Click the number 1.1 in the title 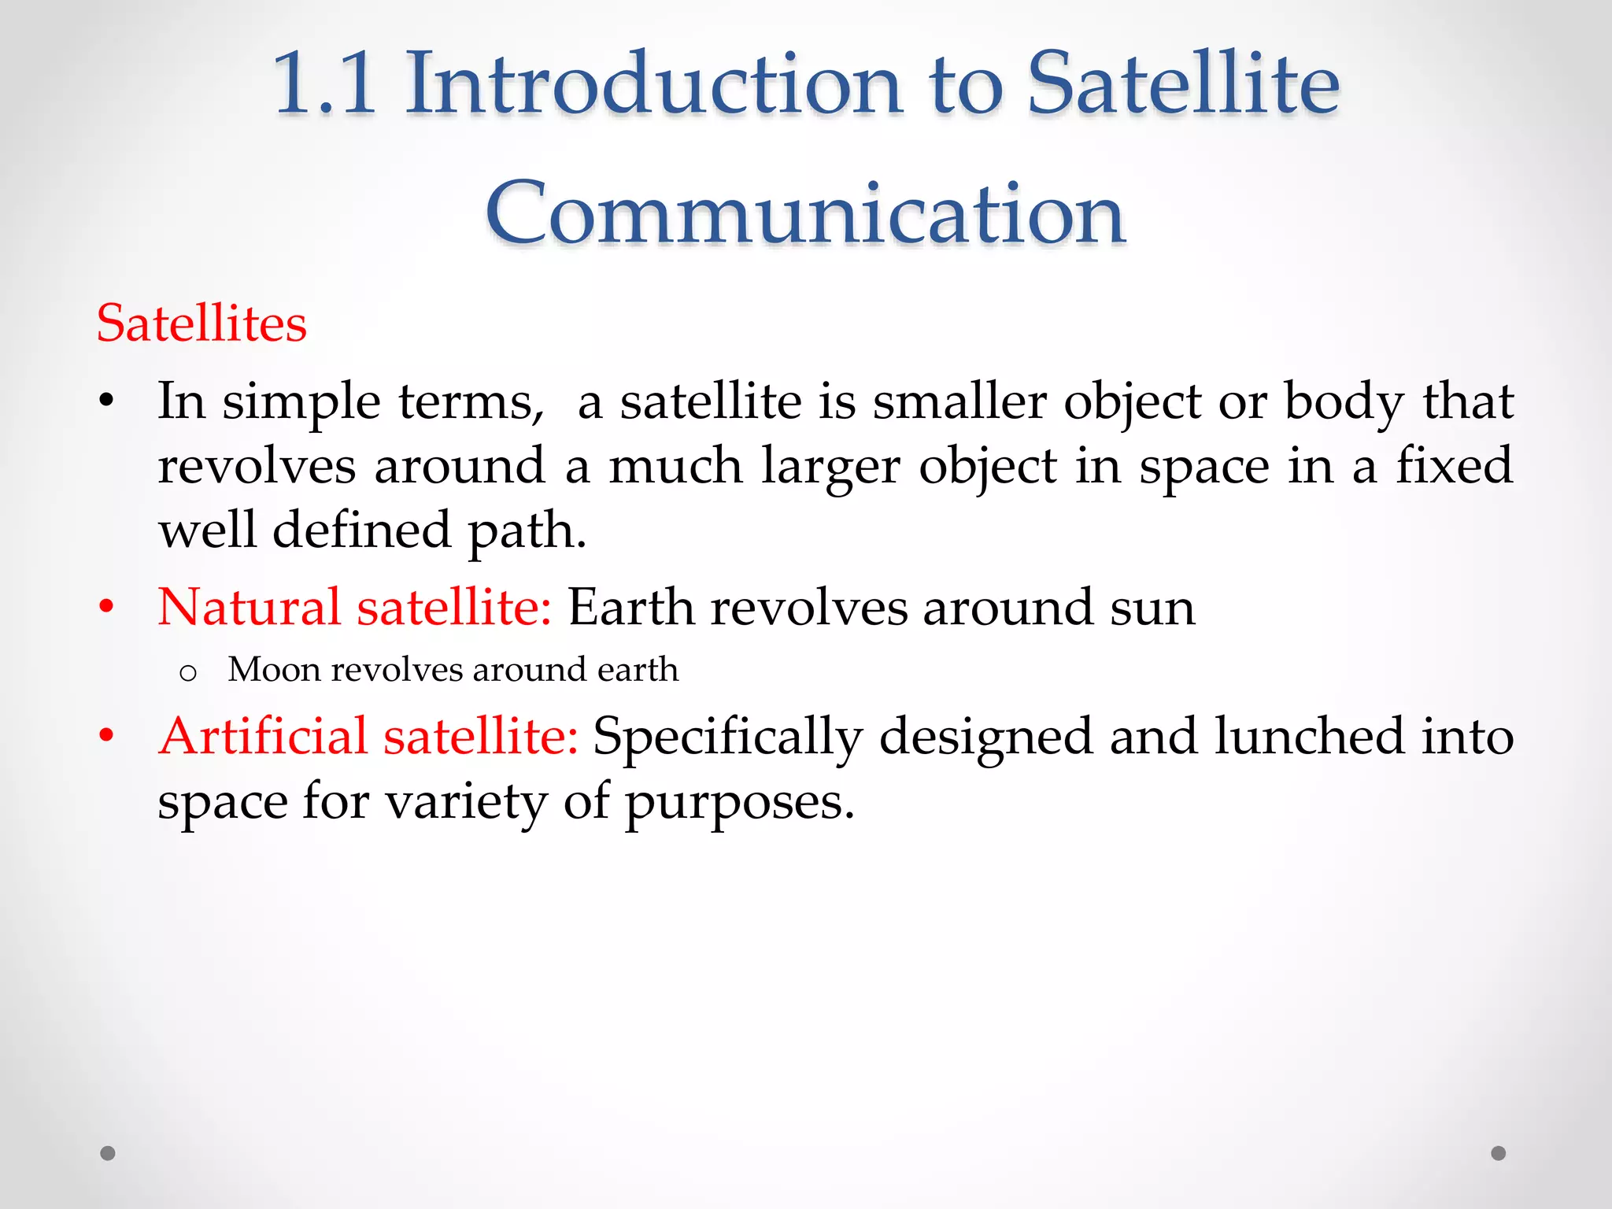coord(324,83)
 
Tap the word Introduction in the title coord(653,83)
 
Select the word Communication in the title coord(805,213)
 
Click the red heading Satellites coord(201,324)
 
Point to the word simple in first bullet coord(301,403)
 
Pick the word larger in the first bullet coord(830,468)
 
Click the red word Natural coord(249,608)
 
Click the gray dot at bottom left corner coord(108,1153)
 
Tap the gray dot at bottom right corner coord(1498,1153)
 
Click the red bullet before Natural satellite coord(107,608)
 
